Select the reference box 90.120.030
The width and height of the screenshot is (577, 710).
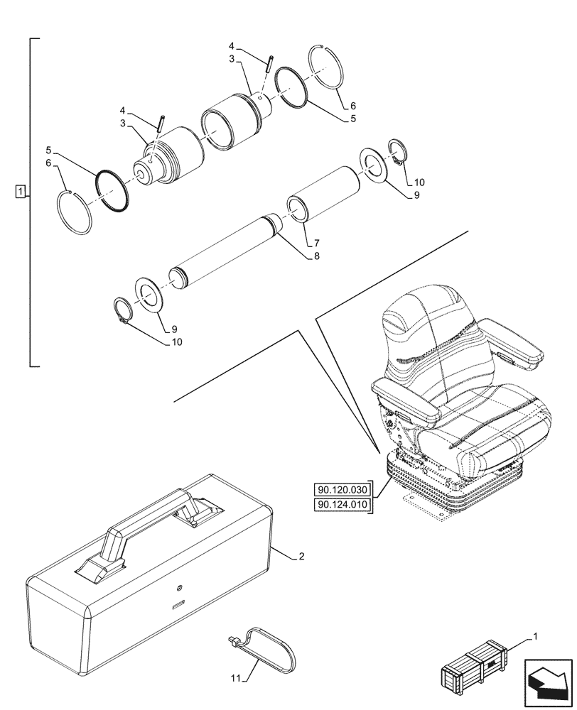tap(342, 489)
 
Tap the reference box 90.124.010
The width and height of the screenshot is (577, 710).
tap(342, 505)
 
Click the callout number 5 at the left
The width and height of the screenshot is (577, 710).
tap(48, 151)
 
